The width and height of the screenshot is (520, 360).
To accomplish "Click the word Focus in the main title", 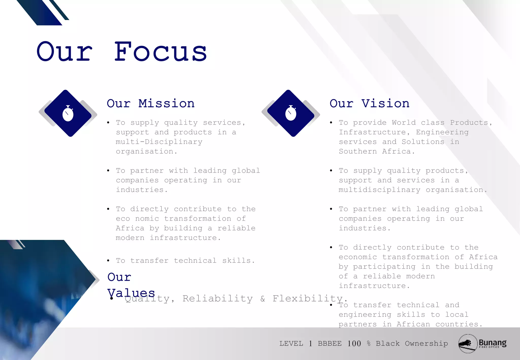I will pos(160,52).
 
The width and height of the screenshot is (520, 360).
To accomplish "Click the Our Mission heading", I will pos(151,104).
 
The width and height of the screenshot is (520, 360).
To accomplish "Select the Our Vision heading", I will pos(369,104).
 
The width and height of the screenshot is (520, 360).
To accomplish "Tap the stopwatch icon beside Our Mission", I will pos(68,113).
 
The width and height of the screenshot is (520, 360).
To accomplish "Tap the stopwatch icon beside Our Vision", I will pos(291,113).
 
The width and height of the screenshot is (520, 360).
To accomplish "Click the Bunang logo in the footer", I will pos(482,343).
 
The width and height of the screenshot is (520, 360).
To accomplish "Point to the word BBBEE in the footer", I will pos(330,344).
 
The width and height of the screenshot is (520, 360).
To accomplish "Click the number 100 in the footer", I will pos(354,344).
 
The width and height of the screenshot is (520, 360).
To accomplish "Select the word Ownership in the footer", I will pos(426,344).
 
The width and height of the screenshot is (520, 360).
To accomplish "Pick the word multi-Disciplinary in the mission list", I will pos(159,142).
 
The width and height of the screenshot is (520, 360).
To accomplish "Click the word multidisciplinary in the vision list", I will pos(379,190).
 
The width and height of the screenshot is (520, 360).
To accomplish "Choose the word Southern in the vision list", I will pos(358,152).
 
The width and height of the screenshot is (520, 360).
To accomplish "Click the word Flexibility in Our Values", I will pos(307,299).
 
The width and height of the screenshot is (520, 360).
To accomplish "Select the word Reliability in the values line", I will pos(218,299).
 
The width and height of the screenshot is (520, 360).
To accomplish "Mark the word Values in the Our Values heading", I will pos(131,293).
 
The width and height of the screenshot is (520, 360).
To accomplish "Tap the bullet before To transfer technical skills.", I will pos(108,261).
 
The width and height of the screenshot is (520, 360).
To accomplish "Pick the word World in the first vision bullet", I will pos(404,123).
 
